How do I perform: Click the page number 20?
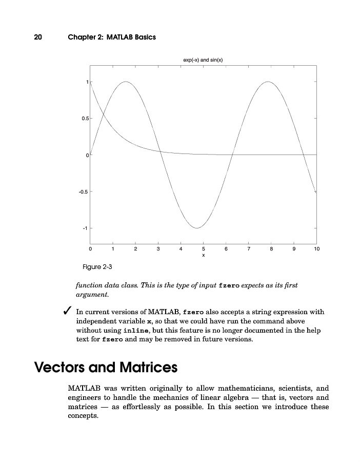click(x=38, y=37)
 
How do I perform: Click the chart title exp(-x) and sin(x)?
click(x=203, y=60)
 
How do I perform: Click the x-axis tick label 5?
click(x=203, y=249)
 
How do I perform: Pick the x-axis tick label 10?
click(x=316, y=249)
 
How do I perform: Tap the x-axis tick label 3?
click(x=158, y=249)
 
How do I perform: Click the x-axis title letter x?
click(x=203, y=255)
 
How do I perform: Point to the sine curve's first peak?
click(x=126, y=82)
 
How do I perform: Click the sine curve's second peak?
click(x=268, y=82)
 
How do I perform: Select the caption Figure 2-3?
click(x=97, y=267)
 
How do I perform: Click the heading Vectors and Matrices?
click(x=106, y=368)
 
